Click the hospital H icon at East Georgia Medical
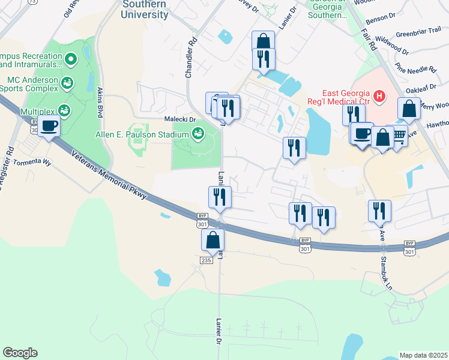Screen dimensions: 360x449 tap(379, 95)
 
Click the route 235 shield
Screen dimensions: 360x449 tap(205, 259)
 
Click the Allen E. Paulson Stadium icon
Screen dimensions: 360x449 tap(198, 135)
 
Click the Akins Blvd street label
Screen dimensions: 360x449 tap(100, 101)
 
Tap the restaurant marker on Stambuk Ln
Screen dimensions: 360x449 tap(379, 211)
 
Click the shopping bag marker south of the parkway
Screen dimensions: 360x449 tap(212, 240)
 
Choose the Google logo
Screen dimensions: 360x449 tap(20, 353)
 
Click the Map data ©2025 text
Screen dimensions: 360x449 tap(423, 355)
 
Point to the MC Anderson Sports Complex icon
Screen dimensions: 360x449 tap(67, 83)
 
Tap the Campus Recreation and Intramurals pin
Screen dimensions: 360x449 tap(71, 59)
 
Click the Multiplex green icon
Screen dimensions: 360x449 tap(63, 111)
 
